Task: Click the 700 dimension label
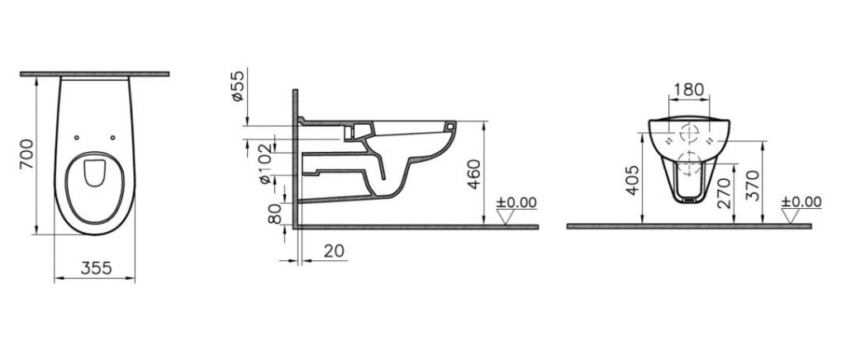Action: click(x=26, y=154)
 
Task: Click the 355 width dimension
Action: click(x=96, y=268)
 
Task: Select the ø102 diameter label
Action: click(x=265, y=163)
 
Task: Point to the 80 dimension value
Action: click(x=275, y=214)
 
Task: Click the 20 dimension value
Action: click(x=334, y=251)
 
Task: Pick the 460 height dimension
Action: click(x=473, y=174)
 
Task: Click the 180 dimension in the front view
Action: click(x=689, y=89)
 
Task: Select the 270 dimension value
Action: click(x=725, y=193)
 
